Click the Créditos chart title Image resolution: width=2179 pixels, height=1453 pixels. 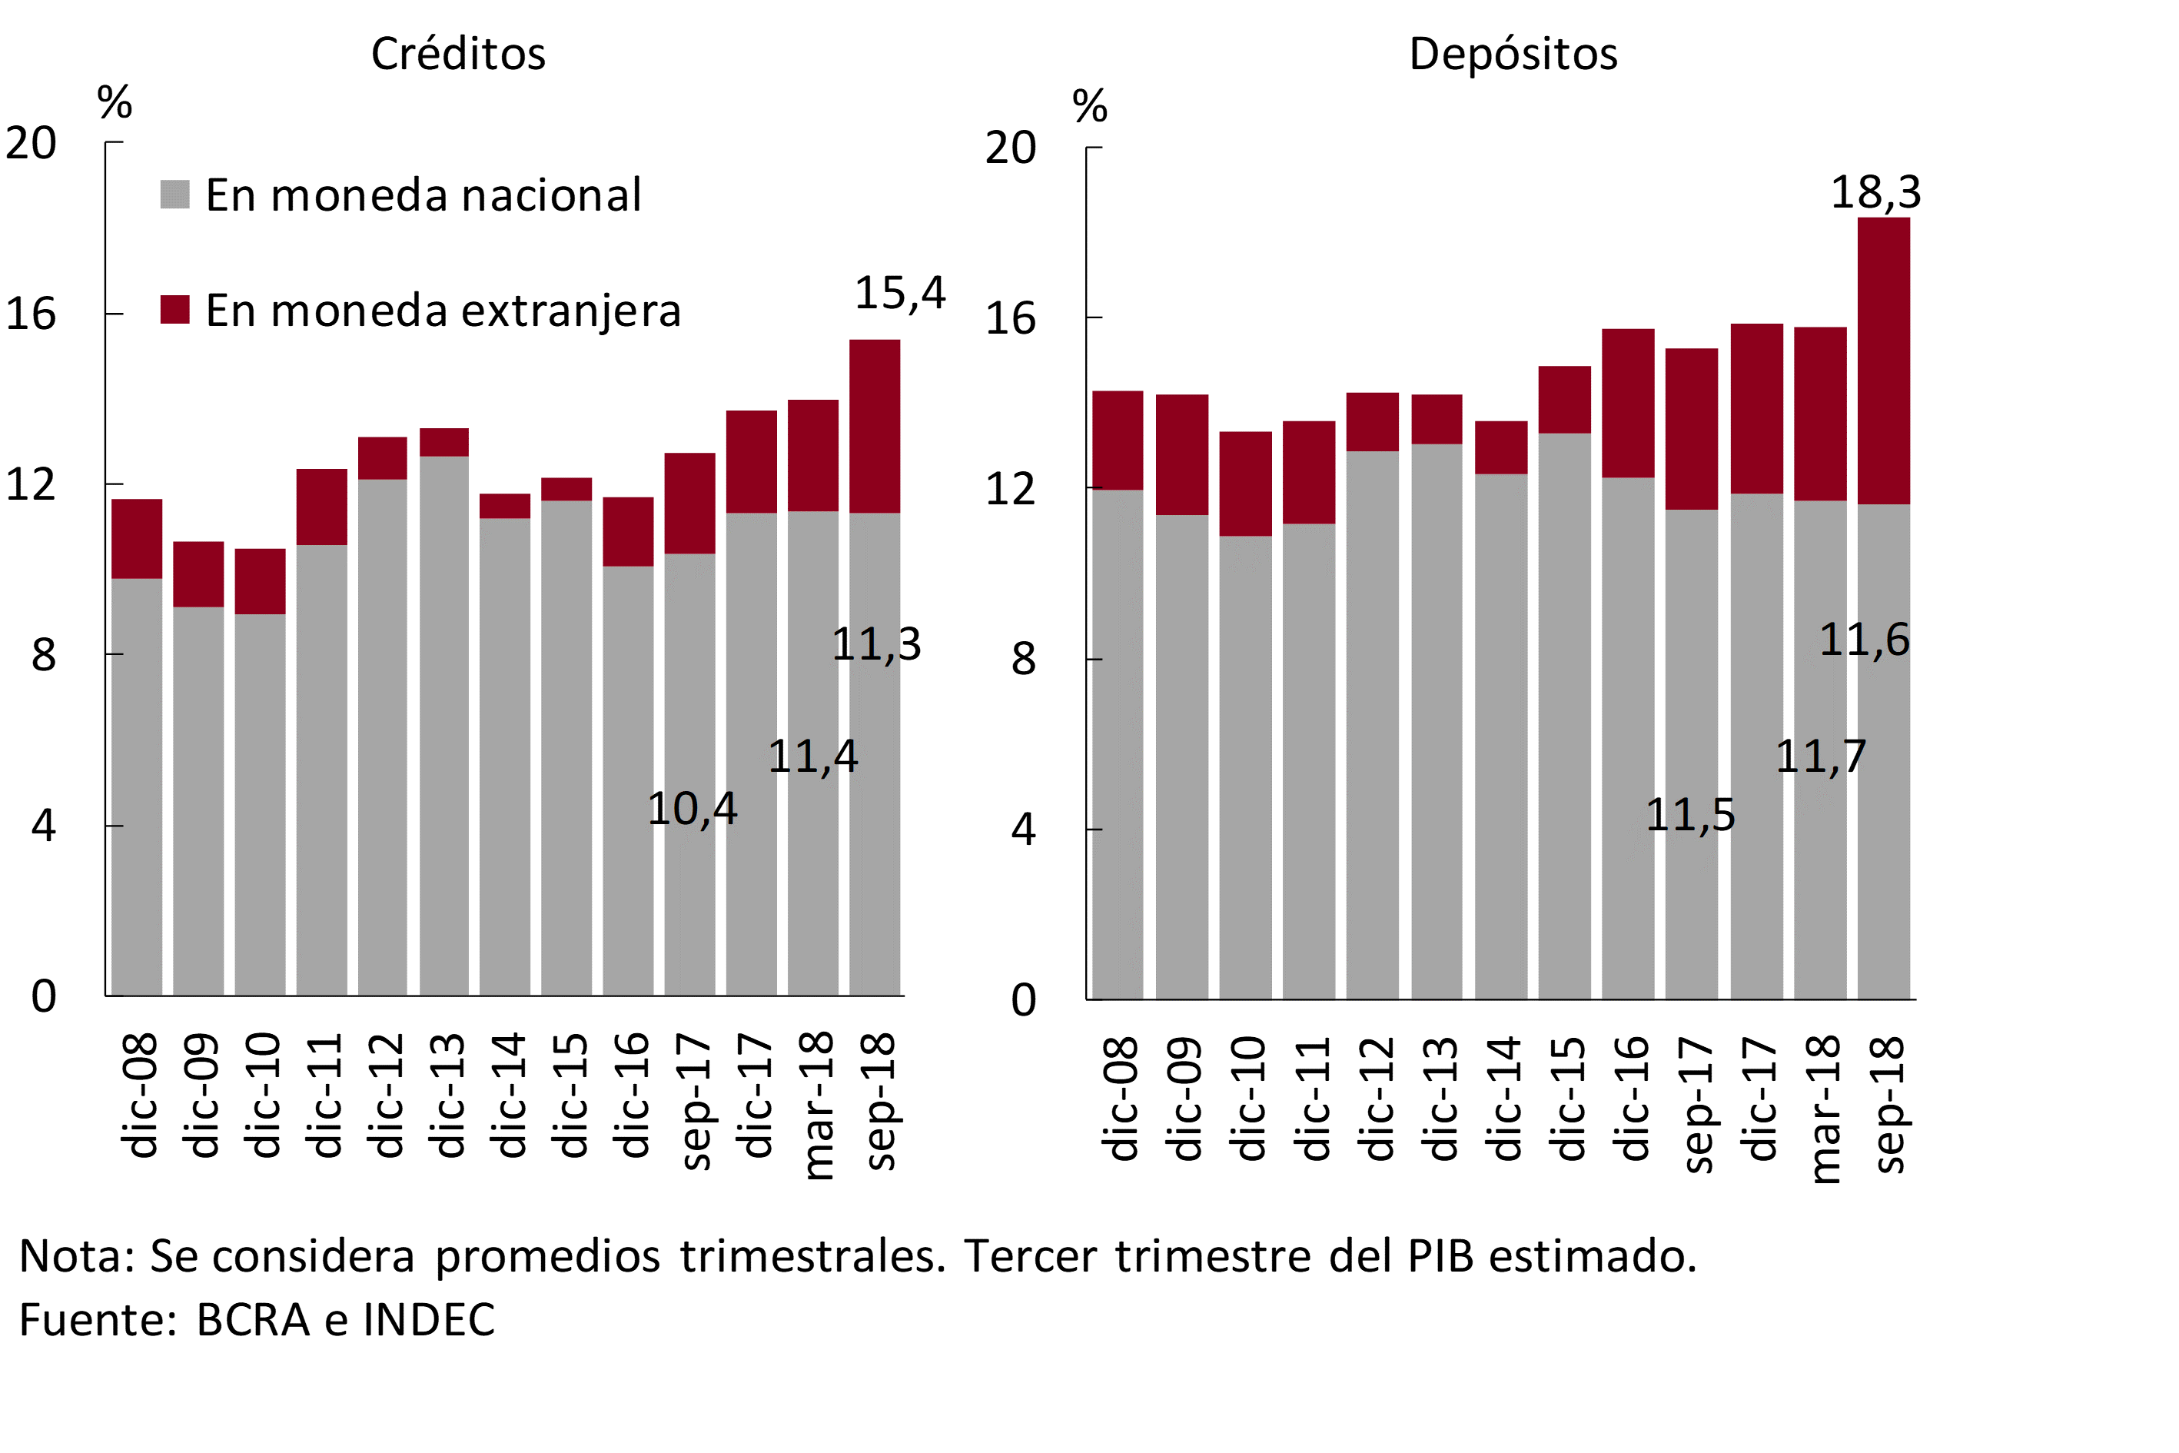pyautogui.click(x=457, y=54)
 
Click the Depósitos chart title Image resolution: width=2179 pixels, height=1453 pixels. pyautogui.click(x=1513, y=54)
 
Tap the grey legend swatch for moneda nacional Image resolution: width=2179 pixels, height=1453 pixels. pyautogui.click(x=175, y=195)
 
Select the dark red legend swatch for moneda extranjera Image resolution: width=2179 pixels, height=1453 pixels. pyautogui.click(x=175, y=310)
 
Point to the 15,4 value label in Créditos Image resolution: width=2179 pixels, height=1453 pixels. pyautogui.click(x=899, y=294)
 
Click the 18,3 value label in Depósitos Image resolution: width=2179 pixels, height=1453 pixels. pyautogui.click(x=1876, y=193)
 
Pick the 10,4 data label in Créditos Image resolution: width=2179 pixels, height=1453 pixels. pyautogui.click(x=692, y=809)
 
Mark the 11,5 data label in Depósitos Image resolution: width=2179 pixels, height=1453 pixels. pyautogui.click(x=1690, y=816)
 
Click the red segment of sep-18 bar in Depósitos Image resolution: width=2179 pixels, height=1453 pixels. pyautogui.click(x=1883, y=361)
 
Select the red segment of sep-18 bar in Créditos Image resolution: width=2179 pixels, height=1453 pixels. pyautogui.click(x=875, y=426)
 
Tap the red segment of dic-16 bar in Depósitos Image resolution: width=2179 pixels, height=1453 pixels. pyautogui.click(x=1628, y=403)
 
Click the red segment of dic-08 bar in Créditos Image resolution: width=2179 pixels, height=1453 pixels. pyautogui.click(x=137, y=540)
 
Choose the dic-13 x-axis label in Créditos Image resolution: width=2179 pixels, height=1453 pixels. pyautogui.click(x=448, y=1096)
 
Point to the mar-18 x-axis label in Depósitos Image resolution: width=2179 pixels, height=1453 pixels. pyautogui.click(x=1823, y=1109)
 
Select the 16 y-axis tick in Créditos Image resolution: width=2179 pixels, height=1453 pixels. pyautogui.click(x=32, y=314)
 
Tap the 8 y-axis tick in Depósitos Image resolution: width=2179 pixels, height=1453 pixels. pyautogui.click(x=1023, y=660)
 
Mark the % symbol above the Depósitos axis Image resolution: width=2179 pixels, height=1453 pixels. pyautogui.click(x=1090, y=107)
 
